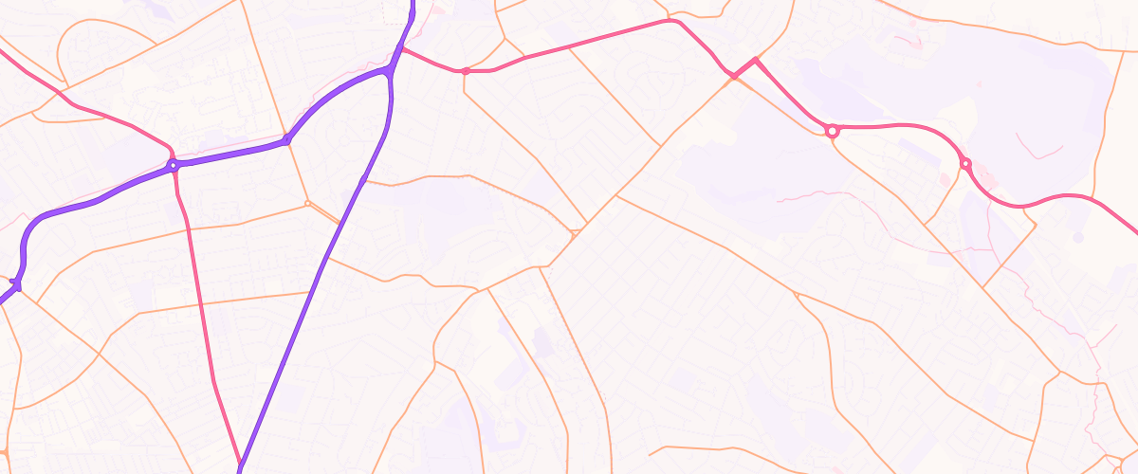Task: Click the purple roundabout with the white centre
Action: coord(173,165)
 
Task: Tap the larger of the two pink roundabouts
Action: coord(833,131)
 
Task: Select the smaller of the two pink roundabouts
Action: coord(965,164)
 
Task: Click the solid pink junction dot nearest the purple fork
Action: coord(466,71)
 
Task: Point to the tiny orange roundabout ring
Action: coord(307,203)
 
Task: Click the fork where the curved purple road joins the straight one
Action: coord(391,71)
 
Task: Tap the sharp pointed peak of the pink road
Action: coord(755,59)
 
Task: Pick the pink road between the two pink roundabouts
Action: coord(901,125)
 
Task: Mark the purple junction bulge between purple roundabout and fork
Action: coord(285,140)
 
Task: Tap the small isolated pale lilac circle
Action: coord(1077,236)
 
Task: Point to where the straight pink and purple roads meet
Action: coord(240,466)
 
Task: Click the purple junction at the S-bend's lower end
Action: coord(17,283)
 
